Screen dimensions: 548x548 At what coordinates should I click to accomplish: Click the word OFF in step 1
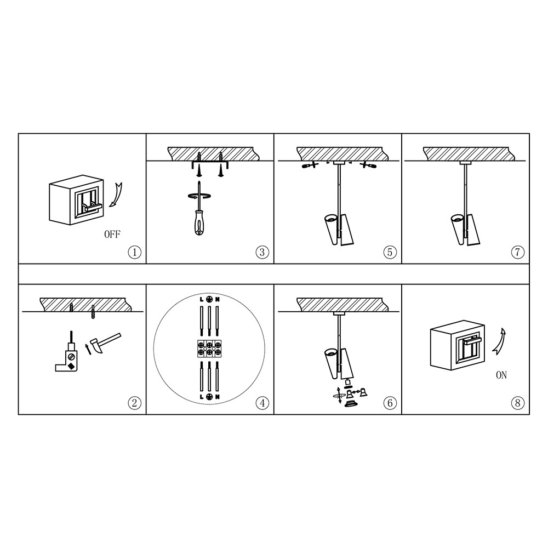click(112, 234)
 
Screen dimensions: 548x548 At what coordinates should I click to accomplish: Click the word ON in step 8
click(501, 375)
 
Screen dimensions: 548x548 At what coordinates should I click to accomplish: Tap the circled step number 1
click(135, 252)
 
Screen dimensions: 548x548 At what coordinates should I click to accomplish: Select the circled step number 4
click(262, 403)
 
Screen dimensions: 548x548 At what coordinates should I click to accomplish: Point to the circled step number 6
click(390, 403)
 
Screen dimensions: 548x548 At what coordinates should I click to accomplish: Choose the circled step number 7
click(518, 252)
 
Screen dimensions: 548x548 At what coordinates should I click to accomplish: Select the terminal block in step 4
click(209, 349)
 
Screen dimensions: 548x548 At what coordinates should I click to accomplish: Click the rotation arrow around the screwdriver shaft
click(199, 196)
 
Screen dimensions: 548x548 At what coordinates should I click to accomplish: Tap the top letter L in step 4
click(202, 299)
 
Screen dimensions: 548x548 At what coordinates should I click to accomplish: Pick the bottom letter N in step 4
click(218, 397)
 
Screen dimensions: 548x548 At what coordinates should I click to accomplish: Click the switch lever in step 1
click(92, 208)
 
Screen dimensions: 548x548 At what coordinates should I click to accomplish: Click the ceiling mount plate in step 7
click(465, 163)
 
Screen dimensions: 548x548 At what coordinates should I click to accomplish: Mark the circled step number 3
click(262, 252)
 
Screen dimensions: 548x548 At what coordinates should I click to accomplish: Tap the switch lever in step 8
click(472, 339)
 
